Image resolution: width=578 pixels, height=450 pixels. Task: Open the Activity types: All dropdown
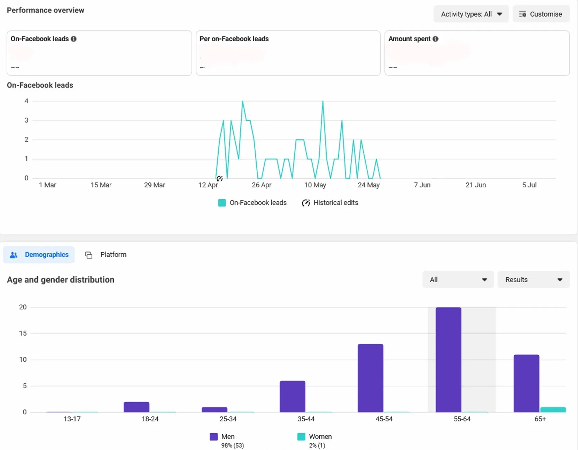coord(471,14)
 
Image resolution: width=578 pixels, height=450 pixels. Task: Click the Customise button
coord(541,14)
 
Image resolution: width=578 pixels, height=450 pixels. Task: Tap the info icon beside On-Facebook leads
coord(74,39)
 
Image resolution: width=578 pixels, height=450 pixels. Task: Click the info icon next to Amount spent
coord(435,39)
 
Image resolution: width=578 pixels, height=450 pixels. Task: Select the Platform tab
coord(106,255)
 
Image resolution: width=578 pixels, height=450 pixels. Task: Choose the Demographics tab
coord(39,255)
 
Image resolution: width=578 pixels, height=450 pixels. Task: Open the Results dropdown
coord(533,280)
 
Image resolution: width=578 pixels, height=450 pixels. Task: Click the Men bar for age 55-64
coord(448,360)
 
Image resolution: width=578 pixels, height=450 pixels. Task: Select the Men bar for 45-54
coord(370,378)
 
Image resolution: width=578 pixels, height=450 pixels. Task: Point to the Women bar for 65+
coord(553,409)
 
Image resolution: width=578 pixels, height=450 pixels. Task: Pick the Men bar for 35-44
coord(292,396)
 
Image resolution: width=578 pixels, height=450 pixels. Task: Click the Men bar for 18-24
coord(136,407)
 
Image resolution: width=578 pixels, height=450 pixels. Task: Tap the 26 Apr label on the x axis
coord(262,185)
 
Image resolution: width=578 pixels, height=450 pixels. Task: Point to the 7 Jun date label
coord(422,185)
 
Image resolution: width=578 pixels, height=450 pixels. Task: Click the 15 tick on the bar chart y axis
coord(23,333)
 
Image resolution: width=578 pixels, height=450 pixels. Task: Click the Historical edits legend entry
coord(330,203)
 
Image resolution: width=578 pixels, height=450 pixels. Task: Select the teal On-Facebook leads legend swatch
coord(222,203)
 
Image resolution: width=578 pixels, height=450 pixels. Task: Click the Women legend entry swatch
coord(301,437)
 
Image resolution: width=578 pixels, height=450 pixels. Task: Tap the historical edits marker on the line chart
coord(219,179)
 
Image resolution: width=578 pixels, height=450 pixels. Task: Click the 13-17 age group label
coord(72,419)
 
